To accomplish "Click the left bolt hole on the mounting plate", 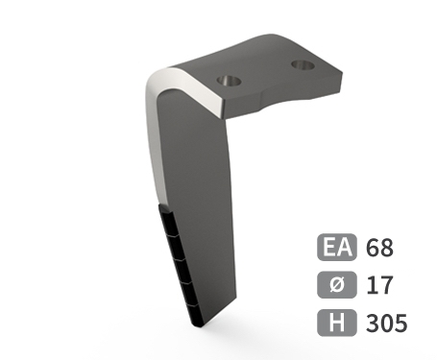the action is click(x=229, y=81).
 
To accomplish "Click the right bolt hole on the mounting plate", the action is click(x=303, y=65).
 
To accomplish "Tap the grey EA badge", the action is click(x=337, y=247).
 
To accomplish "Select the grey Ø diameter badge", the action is click(x=337, y=285).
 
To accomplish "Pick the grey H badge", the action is click(x=337, y=323).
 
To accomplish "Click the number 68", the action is click(x=379, y=248).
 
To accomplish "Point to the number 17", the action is click(x=379, y=285).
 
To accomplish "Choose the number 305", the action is click(x=387, y=323).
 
